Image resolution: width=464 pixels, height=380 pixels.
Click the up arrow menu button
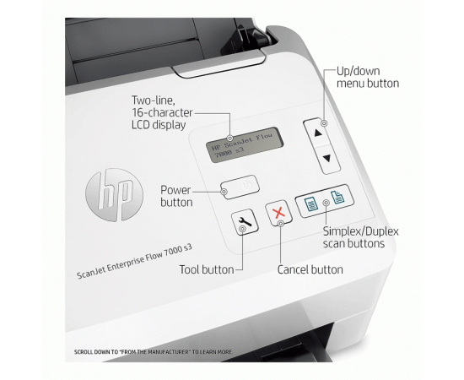(x=317, y=133)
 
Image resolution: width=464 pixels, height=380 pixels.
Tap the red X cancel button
(x=278, y=213)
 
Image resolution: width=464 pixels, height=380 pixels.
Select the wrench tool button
(x=245, y=221)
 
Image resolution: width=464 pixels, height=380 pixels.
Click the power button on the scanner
(x=240, y=187)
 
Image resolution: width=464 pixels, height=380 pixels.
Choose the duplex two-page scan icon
(x=337, y=197)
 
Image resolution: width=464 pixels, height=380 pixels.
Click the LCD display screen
(x=245, y=145)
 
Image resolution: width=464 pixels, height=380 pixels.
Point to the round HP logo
(x=114, y=194)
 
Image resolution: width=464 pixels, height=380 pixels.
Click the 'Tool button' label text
(x=207, y=269)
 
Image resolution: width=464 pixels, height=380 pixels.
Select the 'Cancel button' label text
(x=310, y=269)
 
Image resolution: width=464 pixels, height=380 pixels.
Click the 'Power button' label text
(x=176, y=196)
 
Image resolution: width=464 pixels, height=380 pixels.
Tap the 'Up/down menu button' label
(x=368, y=77)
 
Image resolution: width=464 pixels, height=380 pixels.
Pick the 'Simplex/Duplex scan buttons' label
(x=361, y=237)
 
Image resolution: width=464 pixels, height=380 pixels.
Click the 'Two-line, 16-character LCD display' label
(x=162, y=112)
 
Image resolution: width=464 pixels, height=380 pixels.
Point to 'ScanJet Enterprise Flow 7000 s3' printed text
(x=134, y=261)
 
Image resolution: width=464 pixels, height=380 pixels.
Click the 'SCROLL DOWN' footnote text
(x=153, y=352)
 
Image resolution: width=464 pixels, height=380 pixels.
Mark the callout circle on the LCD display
(x=230, y=138)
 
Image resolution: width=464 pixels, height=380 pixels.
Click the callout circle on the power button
(x=224, y=192)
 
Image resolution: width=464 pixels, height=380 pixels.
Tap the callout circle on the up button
(x=324, y=123)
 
